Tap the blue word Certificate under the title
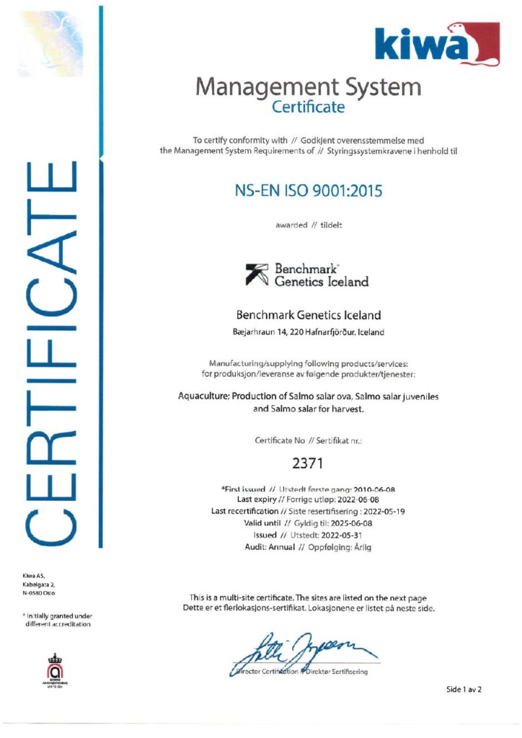coord(308,108)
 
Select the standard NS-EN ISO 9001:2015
coord(308,192)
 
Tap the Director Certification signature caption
coord(304,672)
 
